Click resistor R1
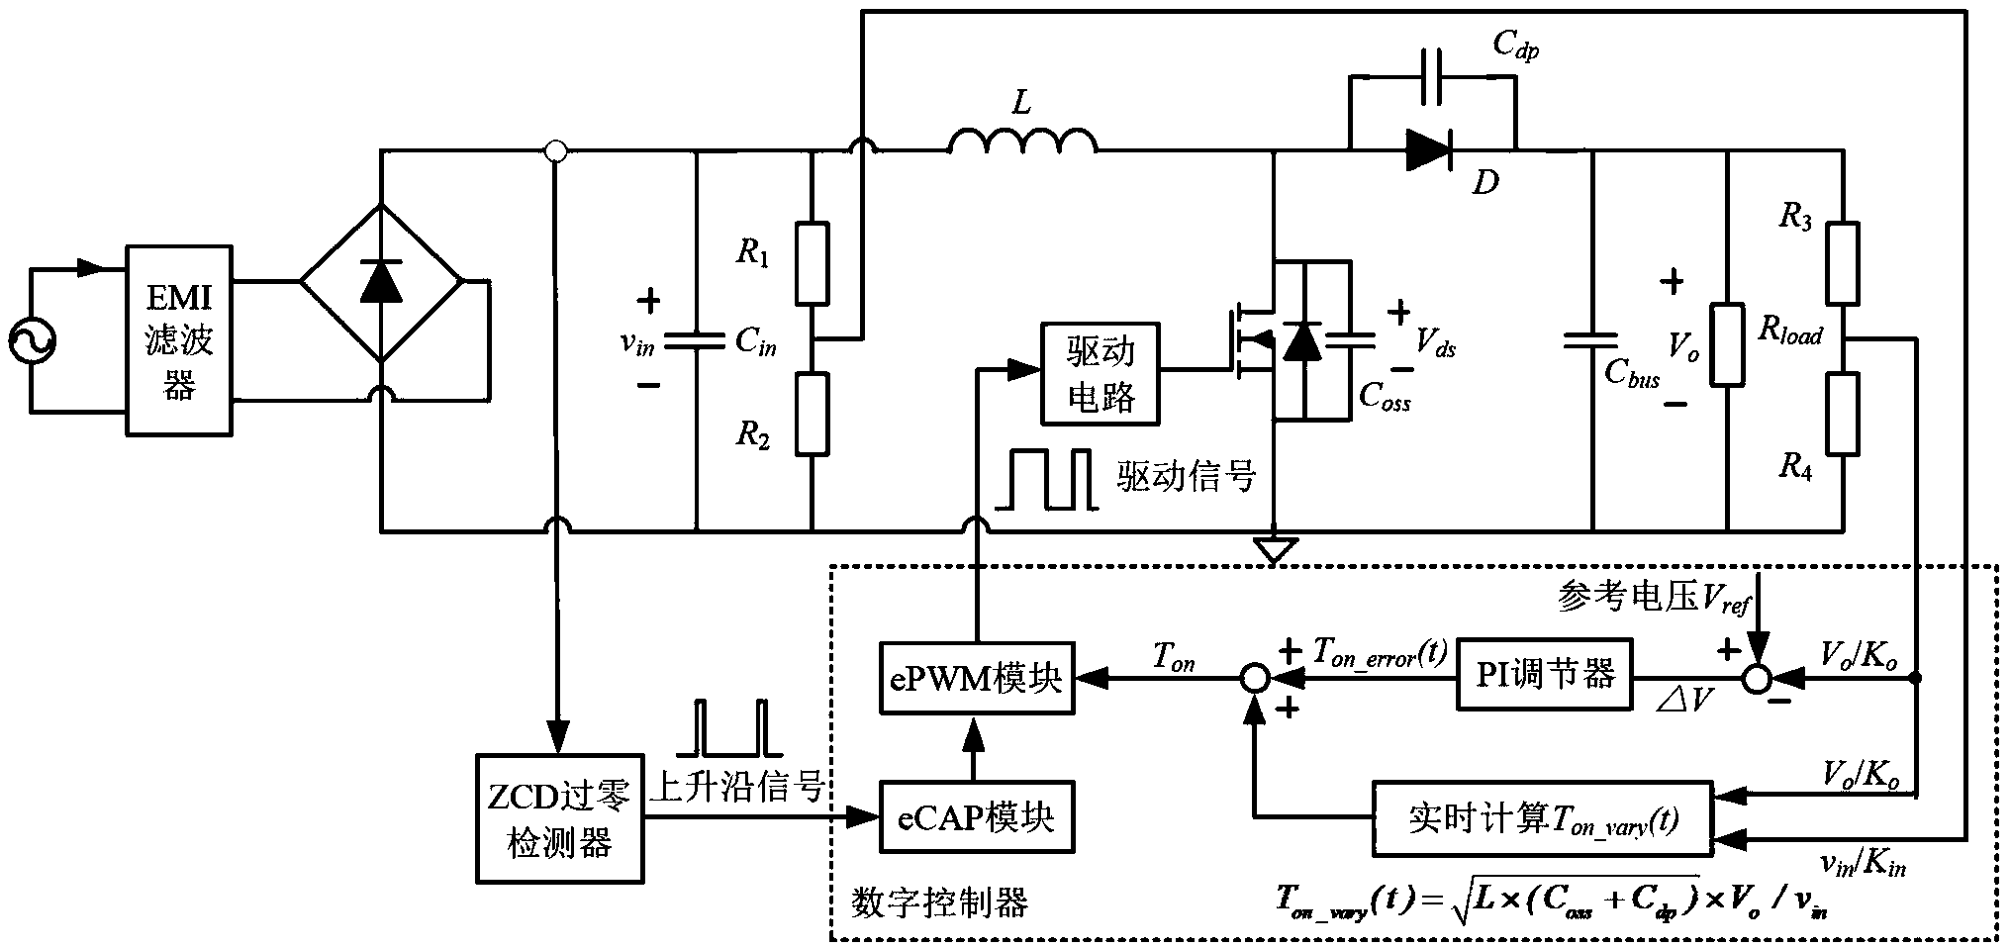point(812,262)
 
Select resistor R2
point(812,415)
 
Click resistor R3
point(1842,263)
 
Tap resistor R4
point(1842,414)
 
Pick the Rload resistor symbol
point(1727,343)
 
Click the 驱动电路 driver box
point(1101,374)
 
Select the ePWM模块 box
point(976,678)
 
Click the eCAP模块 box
point(976,818)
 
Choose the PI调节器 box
point(1544,675)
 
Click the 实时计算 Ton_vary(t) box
point(1542,819)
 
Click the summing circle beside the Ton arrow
point(1254,679)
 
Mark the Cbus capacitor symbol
point(1591,341)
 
